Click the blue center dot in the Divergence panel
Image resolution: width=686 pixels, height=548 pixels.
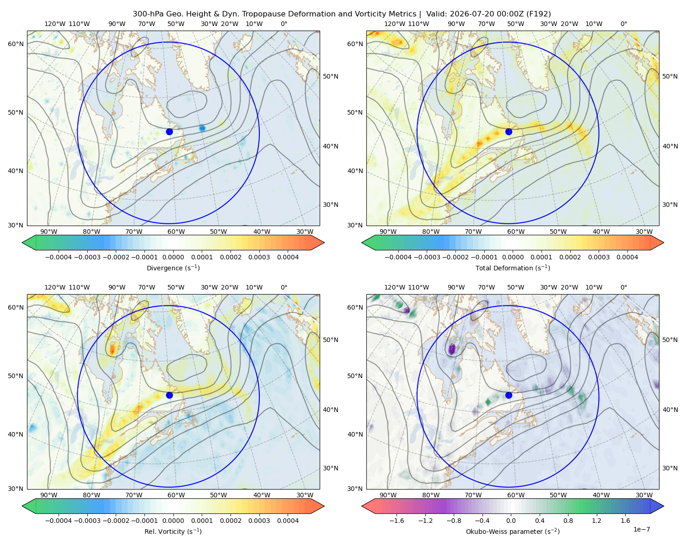pos(169,132)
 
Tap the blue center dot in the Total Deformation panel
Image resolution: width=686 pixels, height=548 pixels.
pos(509,132)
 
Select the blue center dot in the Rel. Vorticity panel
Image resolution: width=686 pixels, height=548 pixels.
pos(169,395)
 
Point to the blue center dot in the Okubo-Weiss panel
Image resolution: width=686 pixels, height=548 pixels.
pos(509,395)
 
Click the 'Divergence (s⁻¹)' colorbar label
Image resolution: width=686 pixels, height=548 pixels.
pos(173,268)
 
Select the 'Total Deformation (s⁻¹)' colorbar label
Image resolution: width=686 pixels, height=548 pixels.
pos(513,268)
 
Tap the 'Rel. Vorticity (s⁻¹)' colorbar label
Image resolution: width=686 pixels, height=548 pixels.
pos(173,531)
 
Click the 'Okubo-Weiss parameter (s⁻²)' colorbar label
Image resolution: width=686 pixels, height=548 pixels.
pos(513,531)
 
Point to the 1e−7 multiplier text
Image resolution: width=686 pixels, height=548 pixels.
pos(641,529)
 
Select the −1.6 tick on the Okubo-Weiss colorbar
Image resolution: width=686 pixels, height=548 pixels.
pos(397,520)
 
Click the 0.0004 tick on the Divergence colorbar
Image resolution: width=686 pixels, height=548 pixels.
pos(288,257)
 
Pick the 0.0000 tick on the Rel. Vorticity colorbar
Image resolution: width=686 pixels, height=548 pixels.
pos(173,520)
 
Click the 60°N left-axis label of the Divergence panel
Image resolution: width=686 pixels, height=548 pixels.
pos(16,44)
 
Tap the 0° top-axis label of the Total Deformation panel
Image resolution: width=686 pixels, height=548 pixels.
pos(623,24)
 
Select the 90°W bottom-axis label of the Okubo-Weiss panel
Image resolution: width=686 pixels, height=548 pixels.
pos(388,495)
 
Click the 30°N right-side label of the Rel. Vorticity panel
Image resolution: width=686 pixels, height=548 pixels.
pos(331,468)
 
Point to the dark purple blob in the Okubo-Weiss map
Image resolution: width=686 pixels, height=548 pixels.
pos(452,349)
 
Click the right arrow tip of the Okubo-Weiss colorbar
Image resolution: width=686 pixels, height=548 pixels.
pos(664,506)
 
